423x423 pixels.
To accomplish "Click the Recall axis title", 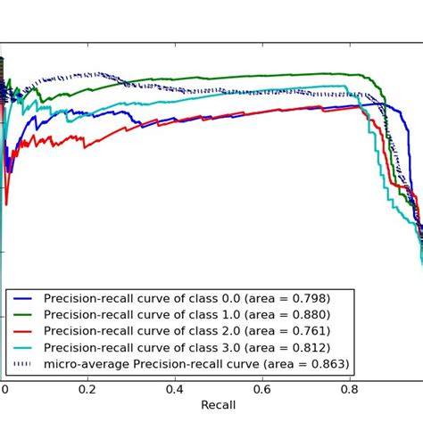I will pyautogui.click(x=218, y=404).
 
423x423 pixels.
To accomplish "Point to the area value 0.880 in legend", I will pyautogui.click(x=305, y=314).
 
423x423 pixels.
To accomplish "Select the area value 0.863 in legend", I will pyautogui.click(x=325, y=364).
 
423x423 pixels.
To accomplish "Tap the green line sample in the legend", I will pyautogui.click(x=24, y=315).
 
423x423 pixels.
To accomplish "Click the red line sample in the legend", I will pyautogui.click(x=24, y=332).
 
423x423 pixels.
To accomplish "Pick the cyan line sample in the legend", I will pyautogui.click(x=24, y=348).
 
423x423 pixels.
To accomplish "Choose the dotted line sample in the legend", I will pyautogui.click(x=24, y=365).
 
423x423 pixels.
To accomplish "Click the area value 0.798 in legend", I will pyautogui.click(x=305, y=298).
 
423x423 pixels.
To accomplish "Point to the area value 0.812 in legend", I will pyautogui.click(x=305, y=347).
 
